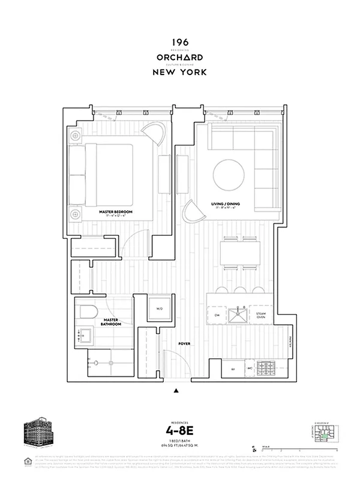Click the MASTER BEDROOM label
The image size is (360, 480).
(x=116, y=213)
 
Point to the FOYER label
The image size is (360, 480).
(x=185, y=344)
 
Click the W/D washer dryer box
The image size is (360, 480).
(x=160, y=309)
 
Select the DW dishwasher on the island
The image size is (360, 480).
(x=217, y=314)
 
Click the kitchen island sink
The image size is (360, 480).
(x=243, y=313)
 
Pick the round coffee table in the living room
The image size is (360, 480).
(x=229, y=174)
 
